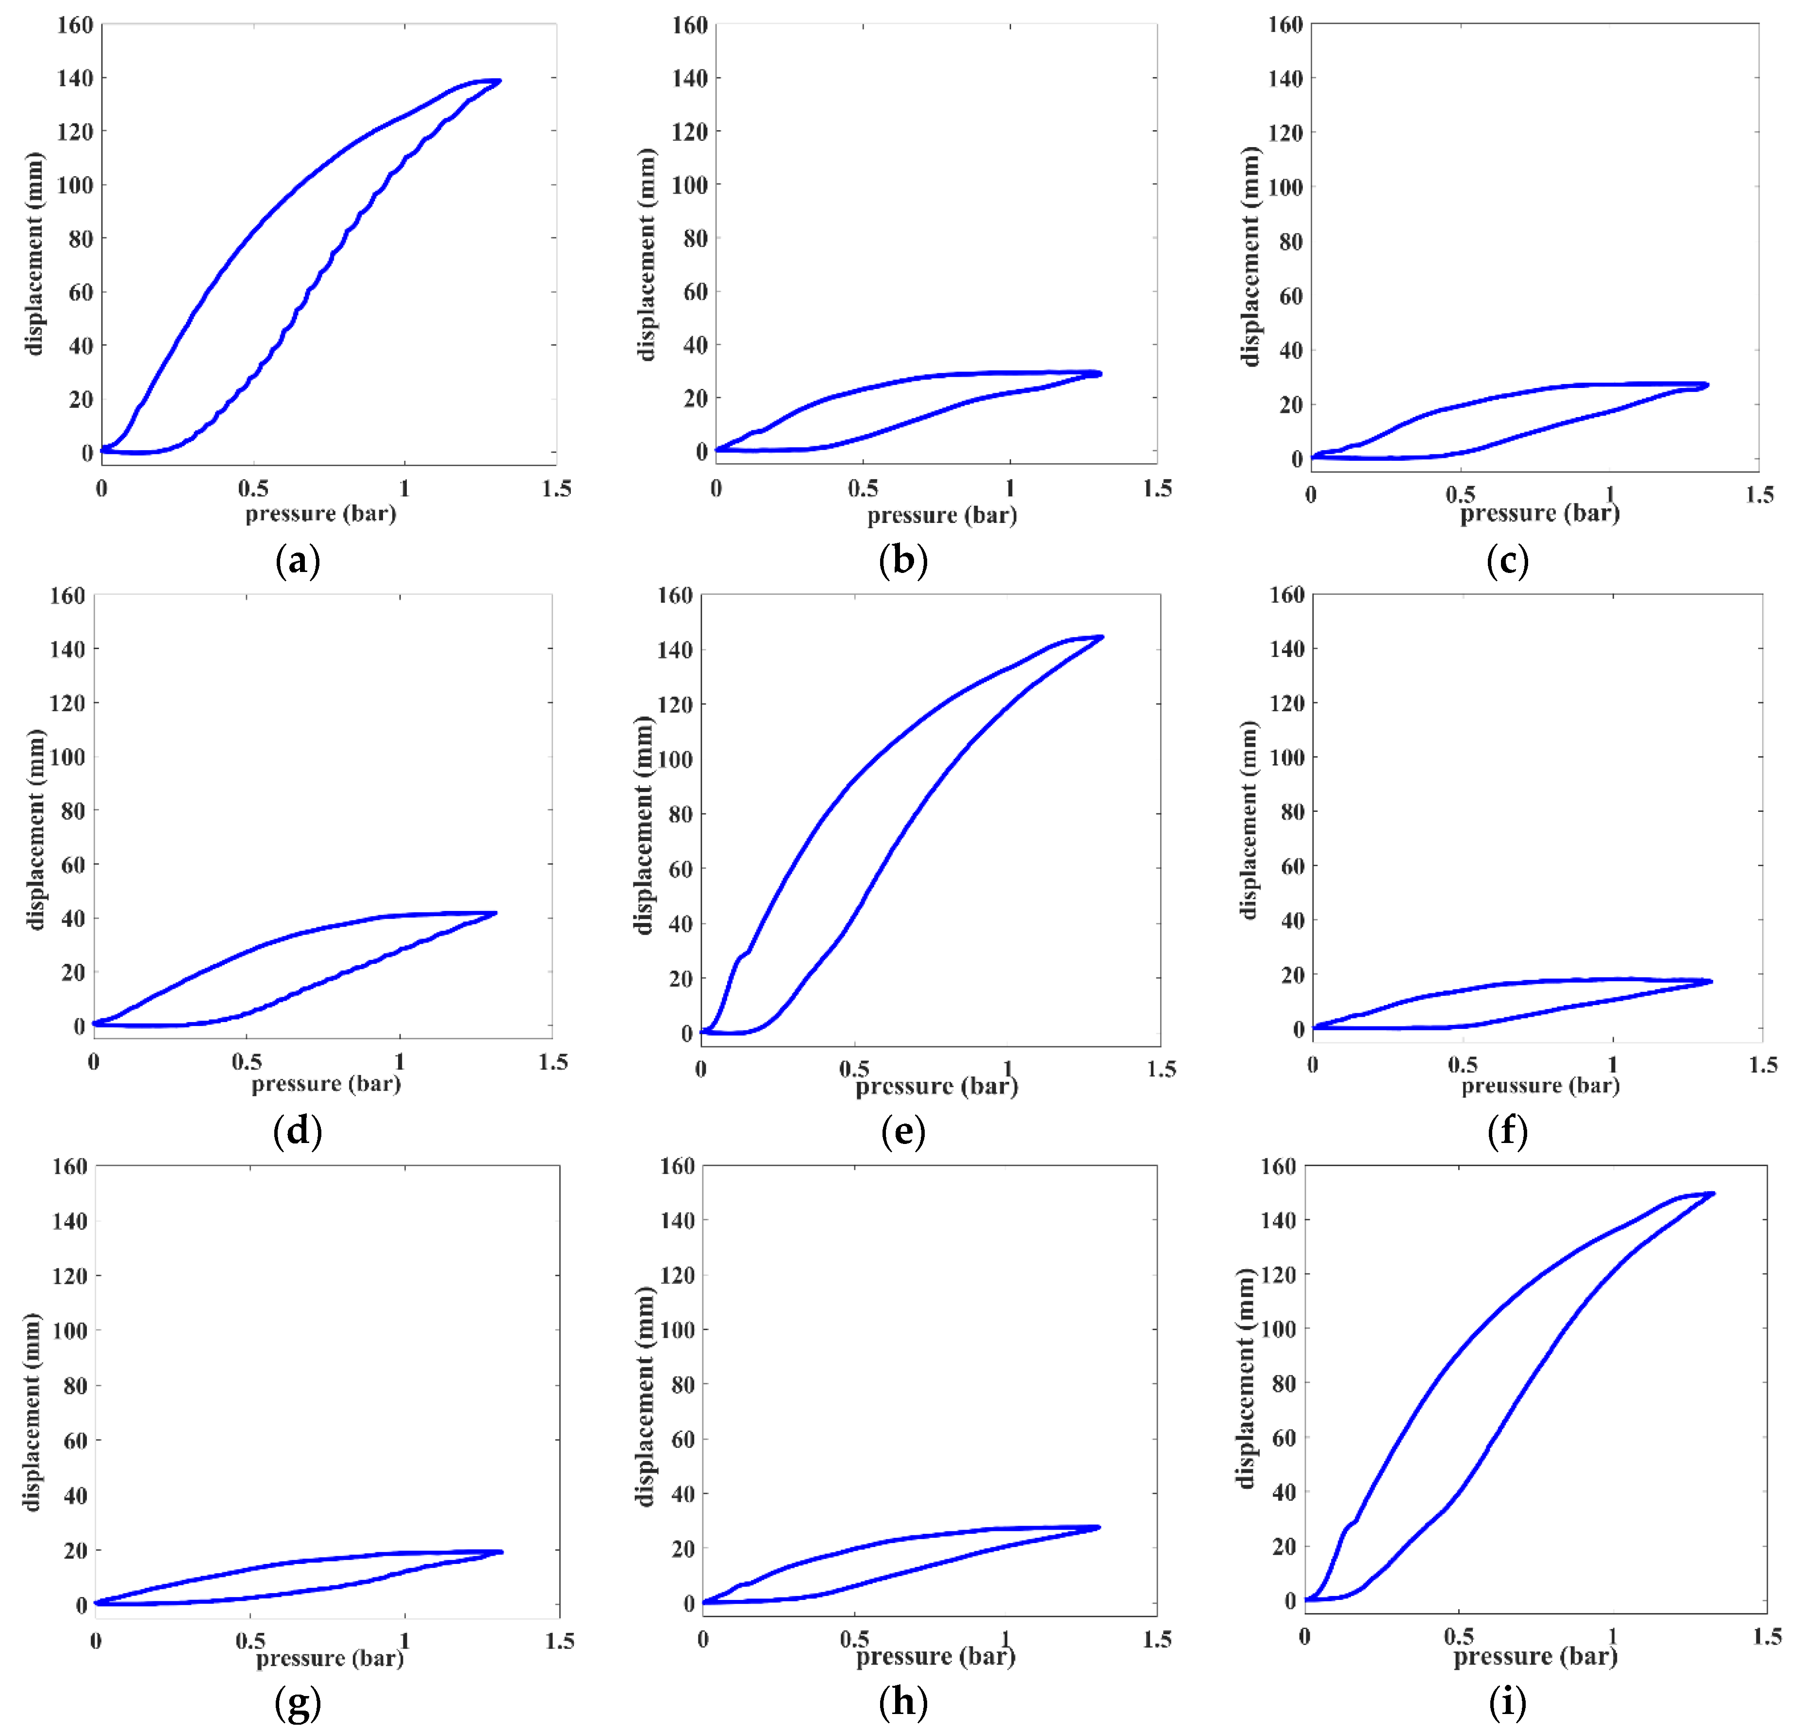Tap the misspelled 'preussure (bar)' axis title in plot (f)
click(1540, 1085)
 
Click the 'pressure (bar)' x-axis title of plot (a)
click(320, 513)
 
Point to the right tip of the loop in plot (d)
click(496, 913)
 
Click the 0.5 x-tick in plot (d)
click(246, 1061)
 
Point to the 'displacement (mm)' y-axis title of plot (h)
click(645, 1396)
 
